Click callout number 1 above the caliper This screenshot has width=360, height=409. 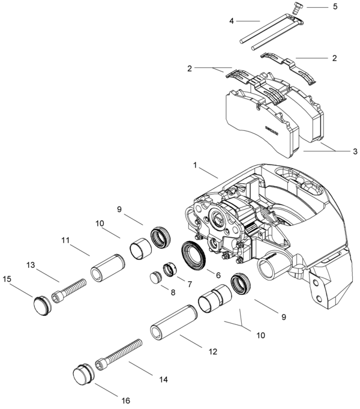tap(195, 164)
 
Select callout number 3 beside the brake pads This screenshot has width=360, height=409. tap(355, 151)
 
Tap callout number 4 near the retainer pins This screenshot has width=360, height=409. tap(231, 21)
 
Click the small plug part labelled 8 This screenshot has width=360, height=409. tap(157, 278)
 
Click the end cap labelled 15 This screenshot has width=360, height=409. tap(42, 302)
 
